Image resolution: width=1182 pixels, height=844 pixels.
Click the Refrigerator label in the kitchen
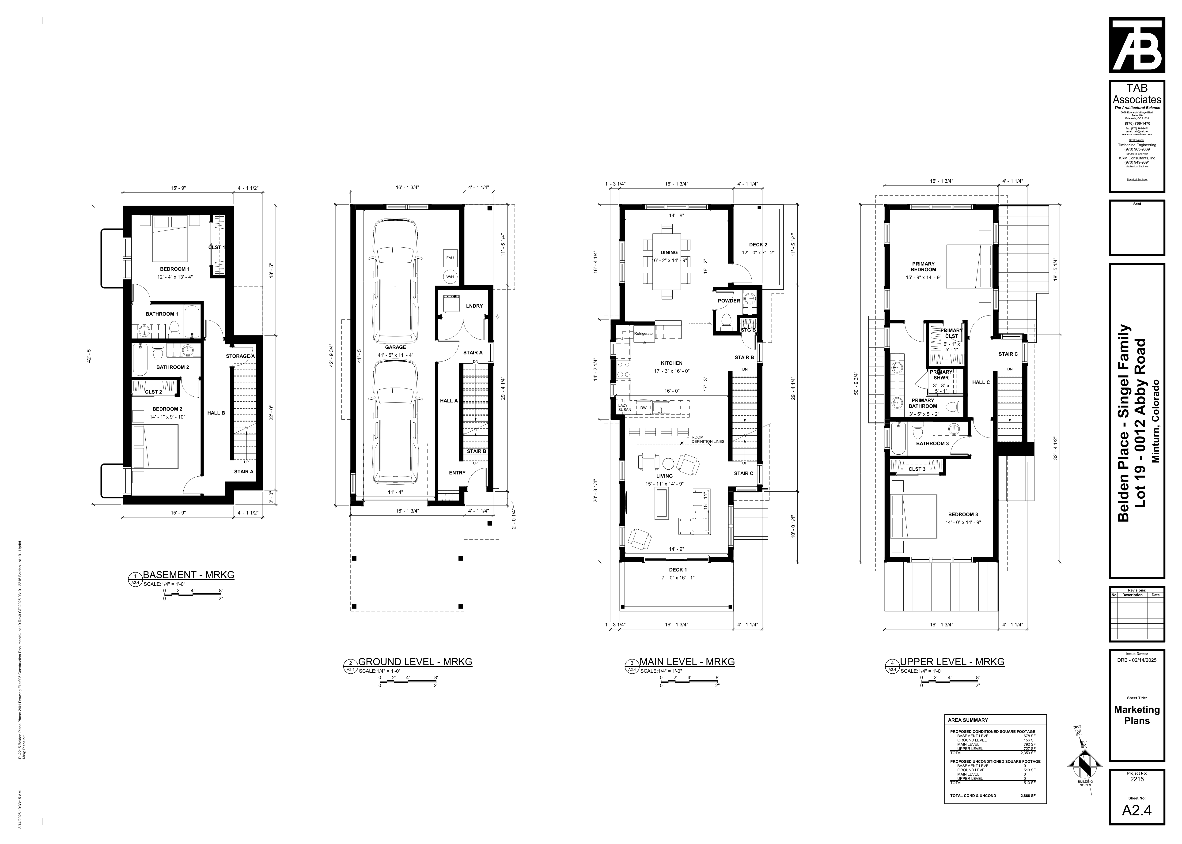644,333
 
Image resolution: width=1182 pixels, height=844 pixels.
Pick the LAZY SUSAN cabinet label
624,407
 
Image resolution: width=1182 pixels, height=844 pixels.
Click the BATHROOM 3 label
932,443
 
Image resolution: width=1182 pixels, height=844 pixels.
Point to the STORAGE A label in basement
240,356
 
